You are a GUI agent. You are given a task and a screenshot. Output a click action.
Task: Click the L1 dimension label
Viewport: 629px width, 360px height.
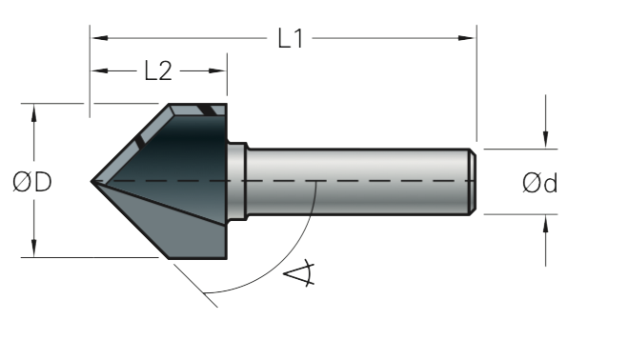(291, 38)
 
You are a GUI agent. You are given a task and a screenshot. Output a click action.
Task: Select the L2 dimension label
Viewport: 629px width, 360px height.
(158, 71)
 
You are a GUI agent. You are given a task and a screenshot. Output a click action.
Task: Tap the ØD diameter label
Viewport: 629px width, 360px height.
(32, 182)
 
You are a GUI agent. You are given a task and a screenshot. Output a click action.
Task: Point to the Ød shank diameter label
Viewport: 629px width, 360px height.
(540, 183)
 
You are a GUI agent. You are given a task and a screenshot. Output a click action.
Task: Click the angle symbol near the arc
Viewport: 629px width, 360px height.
(299, 273)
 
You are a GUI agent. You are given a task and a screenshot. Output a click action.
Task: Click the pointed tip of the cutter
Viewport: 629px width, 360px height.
(91, 181)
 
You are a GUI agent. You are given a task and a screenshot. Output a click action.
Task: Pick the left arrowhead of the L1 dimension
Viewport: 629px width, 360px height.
(100, 38)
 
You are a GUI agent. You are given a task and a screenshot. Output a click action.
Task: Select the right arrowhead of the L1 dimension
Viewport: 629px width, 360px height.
(466, 38)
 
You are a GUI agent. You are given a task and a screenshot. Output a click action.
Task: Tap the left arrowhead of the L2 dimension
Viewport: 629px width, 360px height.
(100, 71)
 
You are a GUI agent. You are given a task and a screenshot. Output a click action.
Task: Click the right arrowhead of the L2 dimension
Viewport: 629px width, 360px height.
(217, 71)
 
